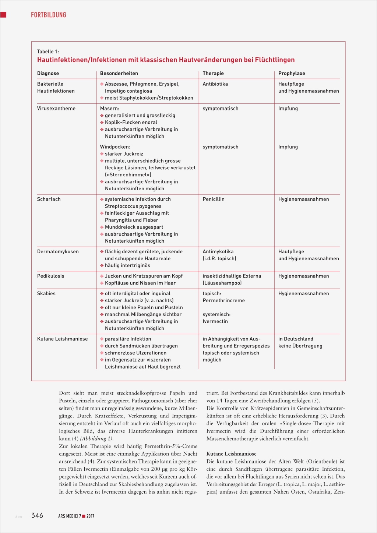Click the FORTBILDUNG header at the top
click(48, 15)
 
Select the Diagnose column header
click(48, 74)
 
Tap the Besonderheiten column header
click(119, 74)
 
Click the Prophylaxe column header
click(292, 74)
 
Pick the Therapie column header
click(213, 74)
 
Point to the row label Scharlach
click(49, 200)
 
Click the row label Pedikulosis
click(50, 276)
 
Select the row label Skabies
click(46, 294)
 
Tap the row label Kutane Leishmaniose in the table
click(62, 339)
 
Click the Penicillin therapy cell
click(214, 200)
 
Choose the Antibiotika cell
click(215, 84)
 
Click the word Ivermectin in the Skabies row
click(215, 322)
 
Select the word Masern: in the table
click(110, 109)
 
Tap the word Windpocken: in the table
click(115, 147)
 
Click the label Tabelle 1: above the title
click(48, 52)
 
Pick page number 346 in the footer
click(37, 515)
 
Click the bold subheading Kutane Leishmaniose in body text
click(231, 454)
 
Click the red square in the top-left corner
click(3, 15)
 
